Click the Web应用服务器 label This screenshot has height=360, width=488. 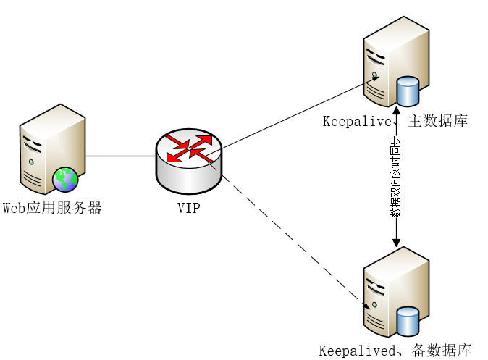pos(52,209)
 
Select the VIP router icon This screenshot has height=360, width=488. pos(188,163)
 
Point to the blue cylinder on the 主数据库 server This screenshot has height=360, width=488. pos(408,91)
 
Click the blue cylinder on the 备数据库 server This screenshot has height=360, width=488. pos(408,321)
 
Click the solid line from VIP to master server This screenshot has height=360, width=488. pos(290,116)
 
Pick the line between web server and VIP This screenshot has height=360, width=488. pos(120,156)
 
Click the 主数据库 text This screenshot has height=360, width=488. pos(437,121)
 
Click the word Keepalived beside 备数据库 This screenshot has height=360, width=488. pos(354,351)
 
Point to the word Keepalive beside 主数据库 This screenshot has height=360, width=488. pos(357,121)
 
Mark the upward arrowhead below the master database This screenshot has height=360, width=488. pos(396,110)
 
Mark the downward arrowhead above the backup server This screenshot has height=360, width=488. pos(396,243)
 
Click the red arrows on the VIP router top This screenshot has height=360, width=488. pos(188,147)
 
